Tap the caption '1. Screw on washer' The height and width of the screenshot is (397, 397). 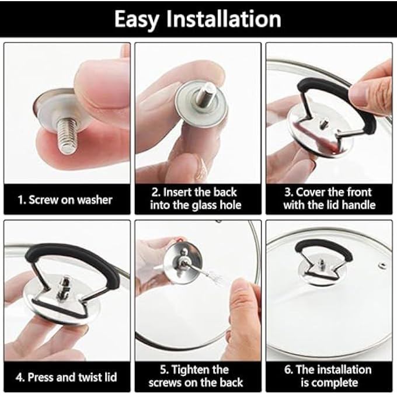(65, 200)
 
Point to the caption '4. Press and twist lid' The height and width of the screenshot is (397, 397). (65, 377)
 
